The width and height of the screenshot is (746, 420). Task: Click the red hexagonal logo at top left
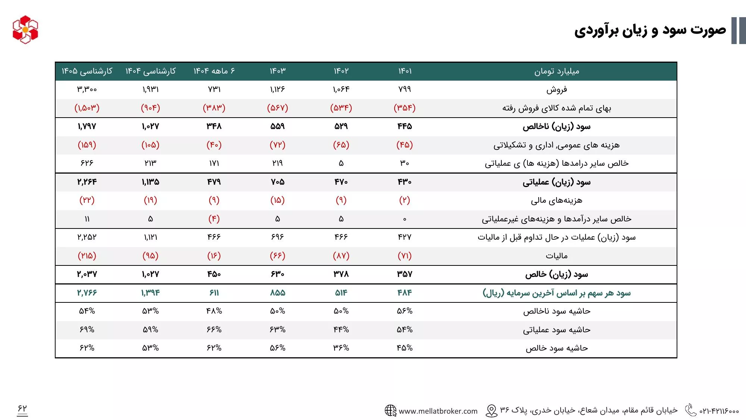(25, 29)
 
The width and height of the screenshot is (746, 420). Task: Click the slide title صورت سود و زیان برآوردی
(650, 30)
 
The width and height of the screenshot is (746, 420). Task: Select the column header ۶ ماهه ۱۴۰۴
(214, 71)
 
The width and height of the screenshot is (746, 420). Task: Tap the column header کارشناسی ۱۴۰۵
(87, 71)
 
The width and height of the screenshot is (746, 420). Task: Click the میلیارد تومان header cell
(557, 71)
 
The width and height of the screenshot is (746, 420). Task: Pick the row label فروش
(557, 90)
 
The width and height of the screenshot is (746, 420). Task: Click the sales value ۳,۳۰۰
(87, 89)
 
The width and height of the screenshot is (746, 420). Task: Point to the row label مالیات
(557, 256)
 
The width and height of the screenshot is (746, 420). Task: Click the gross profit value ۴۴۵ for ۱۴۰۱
(405, 126)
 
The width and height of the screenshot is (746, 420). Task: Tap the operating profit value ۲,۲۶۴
(87, 182)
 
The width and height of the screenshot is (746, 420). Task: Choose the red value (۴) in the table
(214, 219)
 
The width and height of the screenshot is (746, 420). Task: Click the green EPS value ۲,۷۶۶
(87, 293)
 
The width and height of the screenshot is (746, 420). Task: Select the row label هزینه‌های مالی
(557, 200)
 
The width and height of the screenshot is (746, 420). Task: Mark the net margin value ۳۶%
(341, 348)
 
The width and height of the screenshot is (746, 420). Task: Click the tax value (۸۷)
(341, 256)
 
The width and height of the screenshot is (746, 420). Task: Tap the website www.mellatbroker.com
(438, 411)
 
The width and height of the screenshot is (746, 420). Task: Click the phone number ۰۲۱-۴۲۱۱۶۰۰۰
(719, 411)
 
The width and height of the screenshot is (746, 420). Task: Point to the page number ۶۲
(22, 409)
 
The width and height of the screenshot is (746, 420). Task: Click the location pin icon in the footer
(492, 411)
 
